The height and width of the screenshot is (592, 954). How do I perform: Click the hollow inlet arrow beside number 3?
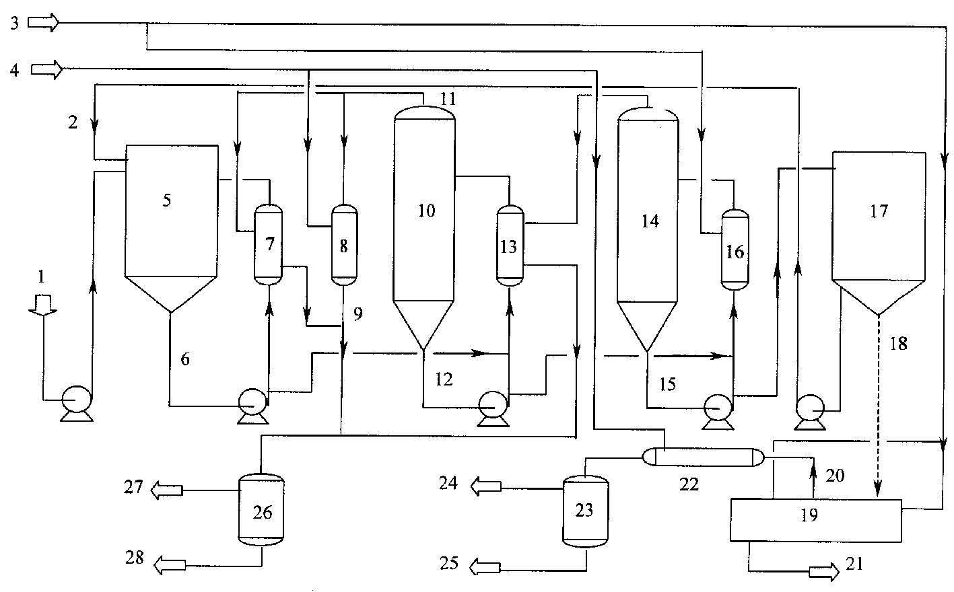click(x=44, y=23)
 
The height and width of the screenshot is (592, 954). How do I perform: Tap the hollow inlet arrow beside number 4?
click(x=46, y=69)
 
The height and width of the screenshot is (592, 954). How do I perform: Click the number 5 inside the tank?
click(x=166, y=200)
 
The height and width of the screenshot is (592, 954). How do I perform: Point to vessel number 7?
click(x=269, y=244)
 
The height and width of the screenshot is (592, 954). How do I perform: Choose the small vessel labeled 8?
click(x=344, y=245)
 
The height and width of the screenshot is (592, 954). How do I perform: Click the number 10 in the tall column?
click(x=426, y=211)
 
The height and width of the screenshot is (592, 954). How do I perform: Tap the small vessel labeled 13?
click(x=510, y=246)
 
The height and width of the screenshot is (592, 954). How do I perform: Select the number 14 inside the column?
click(x=650, y=221)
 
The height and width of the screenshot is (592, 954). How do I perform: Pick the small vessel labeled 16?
click(x=735, y=250)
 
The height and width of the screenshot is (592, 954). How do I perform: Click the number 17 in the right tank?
click(x=879, y=211)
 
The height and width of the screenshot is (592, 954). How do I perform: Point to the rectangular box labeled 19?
click(x=815, y=521)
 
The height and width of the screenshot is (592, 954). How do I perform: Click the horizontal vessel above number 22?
click(x=703, y=457)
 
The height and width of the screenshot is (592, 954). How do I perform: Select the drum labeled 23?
click(x=586, y=511)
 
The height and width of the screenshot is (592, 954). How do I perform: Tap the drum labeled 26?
click(x=261, y=509)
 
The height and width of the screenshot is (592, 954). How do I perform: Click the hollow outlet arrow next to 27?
click(x=167, y=490)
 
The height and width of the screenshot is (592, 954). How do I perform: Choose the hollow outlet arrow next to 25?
click(x=485, y=567)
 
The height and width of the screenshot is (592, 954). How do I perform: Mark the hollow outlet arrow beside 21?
click(x=823, y=572)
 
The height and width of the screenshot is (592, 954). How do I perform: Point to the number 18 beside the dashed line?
click(x=899, y=344)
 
